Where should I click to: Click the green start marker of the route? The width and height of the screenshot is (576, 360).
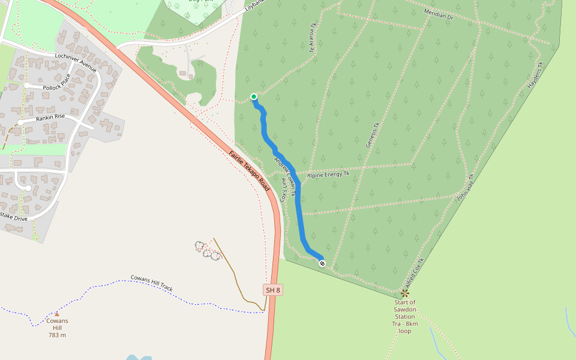click(x=254, y=97)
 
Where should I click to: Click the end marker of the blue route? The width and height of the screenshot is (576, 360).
click(x=322, y=263)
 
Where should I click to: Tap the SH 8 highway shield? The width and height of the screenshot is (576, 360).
click(x=273, y=290)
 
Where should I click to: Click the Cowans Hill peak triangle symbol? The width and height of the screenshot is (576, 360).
click(x=57, y=314)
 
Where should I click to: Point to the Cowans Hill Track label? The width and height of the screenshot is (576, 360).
click(x=151, y=284)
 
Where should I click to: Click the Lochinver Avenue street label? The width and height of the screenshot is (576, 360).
click(x=76, y=62)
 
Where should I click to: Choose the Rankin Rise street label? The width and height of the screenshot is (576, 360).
click(x=50, y=116)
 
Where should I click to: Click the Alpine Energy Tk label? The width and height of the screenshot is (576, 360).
click(x=328, y=175)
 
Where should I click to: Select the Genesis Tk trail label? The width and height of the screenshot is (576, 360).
click(x=373, y=135)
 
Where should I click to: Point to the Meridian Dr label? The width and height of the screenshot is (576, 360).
click(x=439, y=14)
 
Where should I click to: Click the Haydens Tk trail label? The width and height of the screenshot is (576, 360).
click(x=535, y=76)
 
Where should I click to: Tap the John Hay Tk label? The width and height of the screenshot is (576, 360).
click(x=466, y=188)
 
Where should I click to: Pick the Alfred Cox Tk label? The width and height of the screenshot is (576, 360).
click(x=414, y=272)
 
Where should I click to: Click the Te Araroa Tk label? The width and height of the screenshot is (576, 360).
click(x=313, y=38)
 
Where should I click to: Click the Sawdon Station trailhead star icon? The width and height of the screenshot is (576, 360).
click(x=404, y=293)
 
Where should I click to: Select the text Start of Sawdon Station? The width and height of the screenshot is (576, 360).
click(x=404, y=310)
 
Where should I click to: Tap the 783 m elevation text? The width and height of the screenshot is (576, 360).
click(x=57, y=335)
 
